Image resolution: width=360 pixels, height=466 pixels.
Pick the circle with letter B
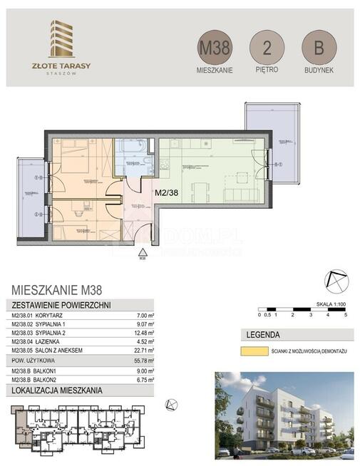pyautogui.click(x=318, y=48)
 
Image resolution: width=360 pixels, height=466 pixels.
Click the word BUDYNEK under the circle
pyautogui.click(x=318, y=71)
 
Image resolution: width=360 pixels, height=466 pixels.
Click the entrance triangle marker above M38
pyautogui.click(x=143, y=252)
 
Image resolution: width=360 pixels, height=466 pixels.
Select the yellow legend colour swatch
pyautogui.click(x=253, y=351)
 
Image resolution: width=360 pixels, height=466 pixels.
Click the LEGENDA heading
pyautogui.click(x=262, y=335)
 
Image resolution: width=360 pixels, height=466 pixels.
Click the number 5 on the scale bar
pyautogui.click(x=345, y=314)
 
